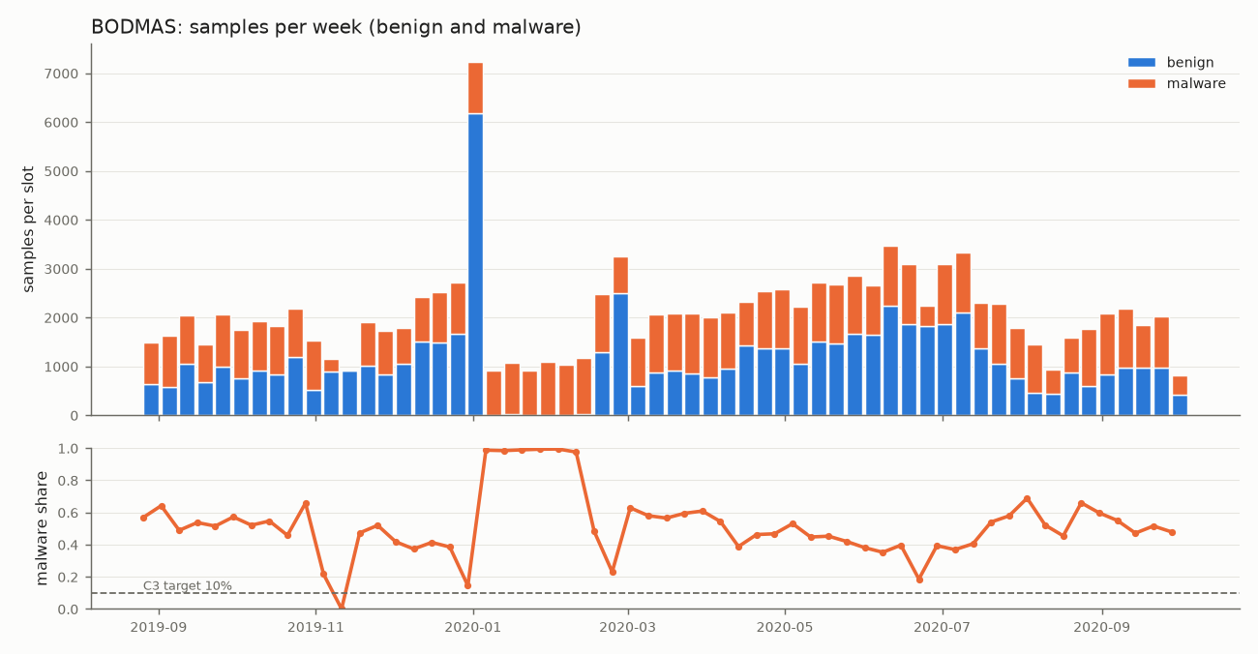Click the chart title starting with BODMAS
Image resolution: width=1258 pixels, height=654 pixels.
(336, 27)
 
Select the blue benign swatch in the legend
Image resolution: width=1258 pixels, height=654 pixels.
(1142, 62)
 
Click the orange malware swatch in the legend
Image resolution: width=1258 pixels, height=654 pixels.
(1142, 83)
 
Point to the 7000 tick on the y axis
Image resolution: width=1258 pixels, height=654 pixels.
(61, 74)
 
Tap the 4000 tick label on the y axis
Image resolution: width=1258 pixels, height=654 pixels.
(61, 221)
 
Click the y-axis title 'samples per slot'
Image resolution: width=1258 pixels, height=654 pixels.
(28, 229)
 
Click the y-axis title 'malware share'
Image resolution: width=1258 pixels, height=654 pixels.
(42, 528)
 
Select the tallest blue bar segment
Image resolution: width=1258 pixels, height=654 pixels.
(476, 264)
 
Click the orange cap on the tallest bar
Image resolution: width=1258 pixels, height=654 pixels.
(476, 88)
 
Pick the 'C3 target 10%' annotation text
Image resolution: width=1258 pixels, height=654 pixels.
(188, 585)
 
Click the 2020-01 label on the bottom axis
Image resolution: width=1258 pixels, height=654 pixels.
(473, 627)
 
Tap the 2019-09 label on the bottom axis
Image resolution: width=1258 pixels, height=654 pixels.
(159, 627)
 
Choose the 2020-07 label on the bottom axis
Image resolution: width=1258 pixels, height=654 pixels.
(942, 627)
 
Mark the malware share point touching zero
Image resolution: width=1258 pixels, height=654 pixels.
(342, 608)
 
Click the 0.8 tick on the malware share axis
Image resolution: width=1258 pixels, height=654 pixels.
(68, 481)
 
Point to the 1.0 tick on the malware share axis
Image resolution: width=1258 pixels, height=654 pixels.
(68, 449)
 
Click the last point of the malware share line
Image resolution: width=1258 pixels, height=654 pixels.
(1172, 532)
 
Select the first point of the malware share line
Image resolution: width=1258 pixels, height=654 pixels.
(144, 519)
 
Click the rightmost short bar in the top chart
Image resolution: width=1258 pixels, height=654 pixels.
(1180, 396)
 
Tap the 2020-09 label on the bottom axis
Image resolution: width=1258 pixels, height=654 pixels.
(1102, 627)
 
